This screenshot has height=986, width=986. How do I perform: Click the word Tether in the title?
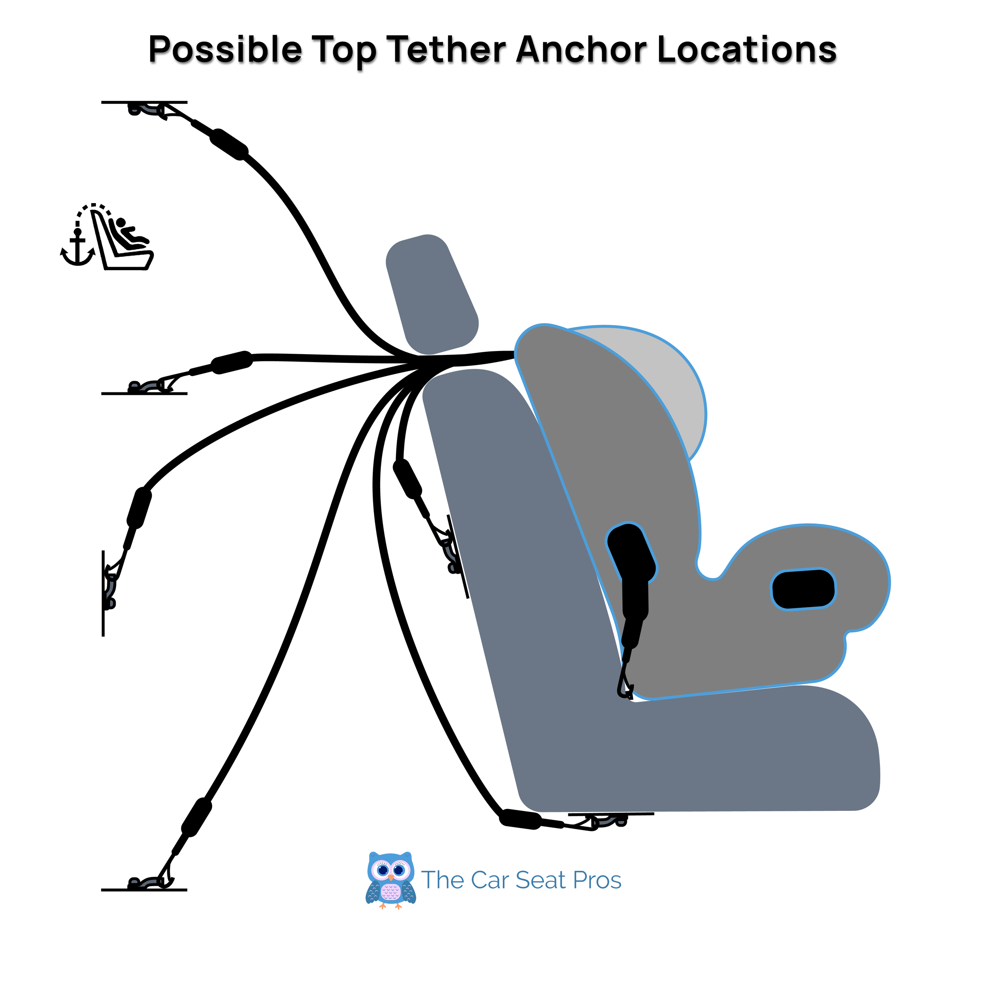(446, 50)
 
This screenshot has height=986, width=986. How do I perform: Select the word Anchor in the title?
(581, 50)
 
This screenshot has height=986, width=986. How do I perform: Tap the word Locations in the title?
(747, 50)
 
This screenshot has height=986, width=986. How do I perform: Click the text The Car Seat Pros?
(521, 880)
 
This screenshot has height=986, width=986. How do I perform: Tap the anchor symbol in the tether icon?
(78, 248)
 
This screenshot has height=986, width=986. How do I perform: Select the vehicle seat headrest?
(432, 295)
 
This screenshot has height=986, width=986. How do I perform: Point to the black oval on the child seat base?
(803, 590)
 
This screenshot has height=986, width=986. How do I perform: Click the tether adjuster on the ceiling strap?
(229, 144)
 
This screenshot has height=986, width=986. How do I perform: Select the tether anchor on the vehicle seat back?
(451, 553)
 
